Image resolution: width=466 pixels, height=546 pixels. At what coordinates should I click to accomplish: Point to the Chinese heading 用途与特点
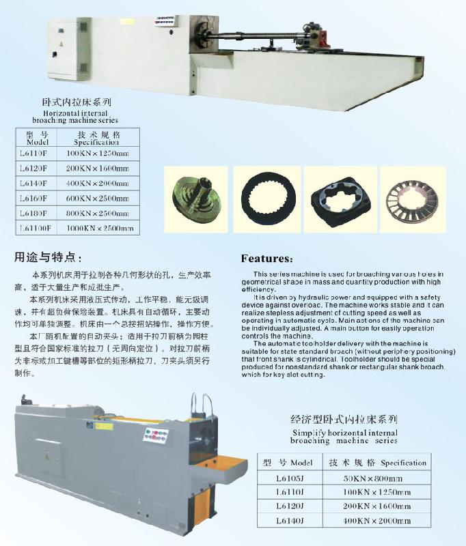48,258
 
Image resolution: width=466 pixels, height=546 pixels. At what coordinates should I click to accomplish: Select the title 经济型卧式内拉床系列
344,419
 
